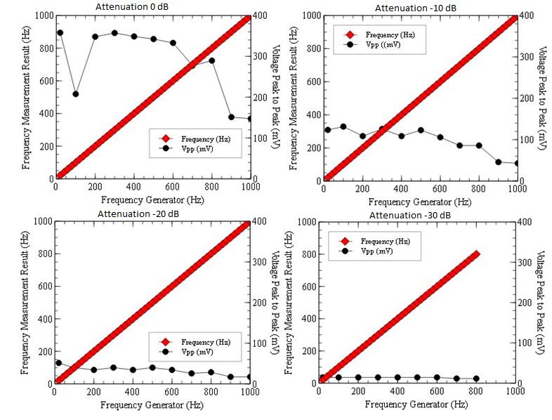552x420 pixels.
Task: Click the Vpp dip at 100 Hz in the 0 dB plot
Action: pos(76,94)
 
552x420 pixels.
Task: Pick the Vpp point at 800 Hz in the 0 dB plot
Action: pos(211,60)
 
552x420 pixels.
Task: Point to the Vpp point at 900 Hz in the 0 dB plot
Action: pos(231,117)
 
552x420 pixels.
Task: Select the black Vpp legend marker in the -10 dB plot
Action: pos(349,44)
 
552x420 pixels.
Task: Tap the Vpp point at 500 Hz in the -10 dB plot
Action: pos(421,130)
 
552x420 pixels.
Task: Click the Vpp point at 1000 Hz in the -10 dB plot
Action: pos(518,164)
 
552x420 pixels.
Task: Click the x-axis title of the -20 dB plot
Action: pos(152,405)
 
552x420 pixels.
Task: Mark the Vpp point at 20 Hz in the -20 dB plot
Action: pos(59,363)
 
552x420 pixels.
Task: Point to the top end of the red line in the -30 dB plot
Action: pos(476,254)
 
